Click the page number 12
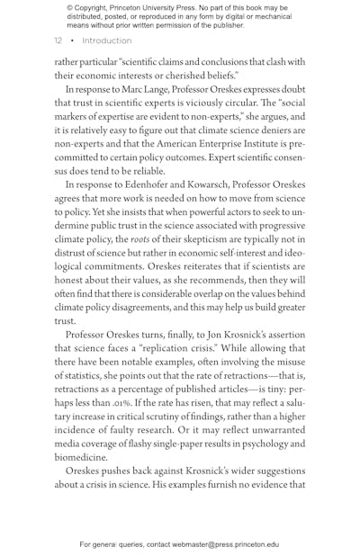58,41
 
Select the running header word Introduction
107,41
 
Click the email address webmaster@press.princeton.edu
225,544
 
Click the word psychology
265,443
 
